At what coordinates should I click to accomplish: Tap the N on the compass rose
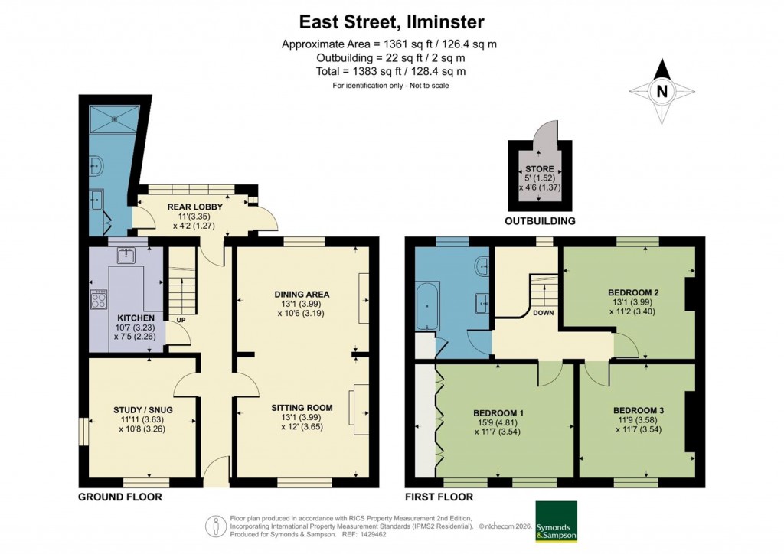pos(663,92)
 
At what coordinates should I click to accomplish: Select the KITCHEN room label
pos(136,318)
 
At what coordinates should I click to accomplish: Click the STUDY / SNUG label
pos(142,409)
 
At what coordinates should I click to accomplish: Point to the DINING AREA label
pos(302,294)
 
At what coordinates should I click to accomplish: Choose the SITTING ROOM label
pos(302,408)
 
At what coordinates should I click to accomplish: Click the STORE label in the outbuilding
pos(539,169)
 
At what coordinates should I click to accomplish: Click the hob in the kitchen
pos(100,299)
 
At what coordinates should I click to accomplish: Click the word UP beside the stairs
pos(181,320)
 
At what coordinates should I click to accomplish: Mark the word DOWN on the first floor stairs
pos(544,312)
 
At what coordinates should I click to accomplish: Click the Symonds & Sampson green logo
pos(556,521)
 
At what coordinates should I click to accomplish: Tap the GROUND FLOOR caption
pos(119,497)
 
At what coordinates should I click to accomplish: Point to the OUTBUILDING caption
pos(540,221)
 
